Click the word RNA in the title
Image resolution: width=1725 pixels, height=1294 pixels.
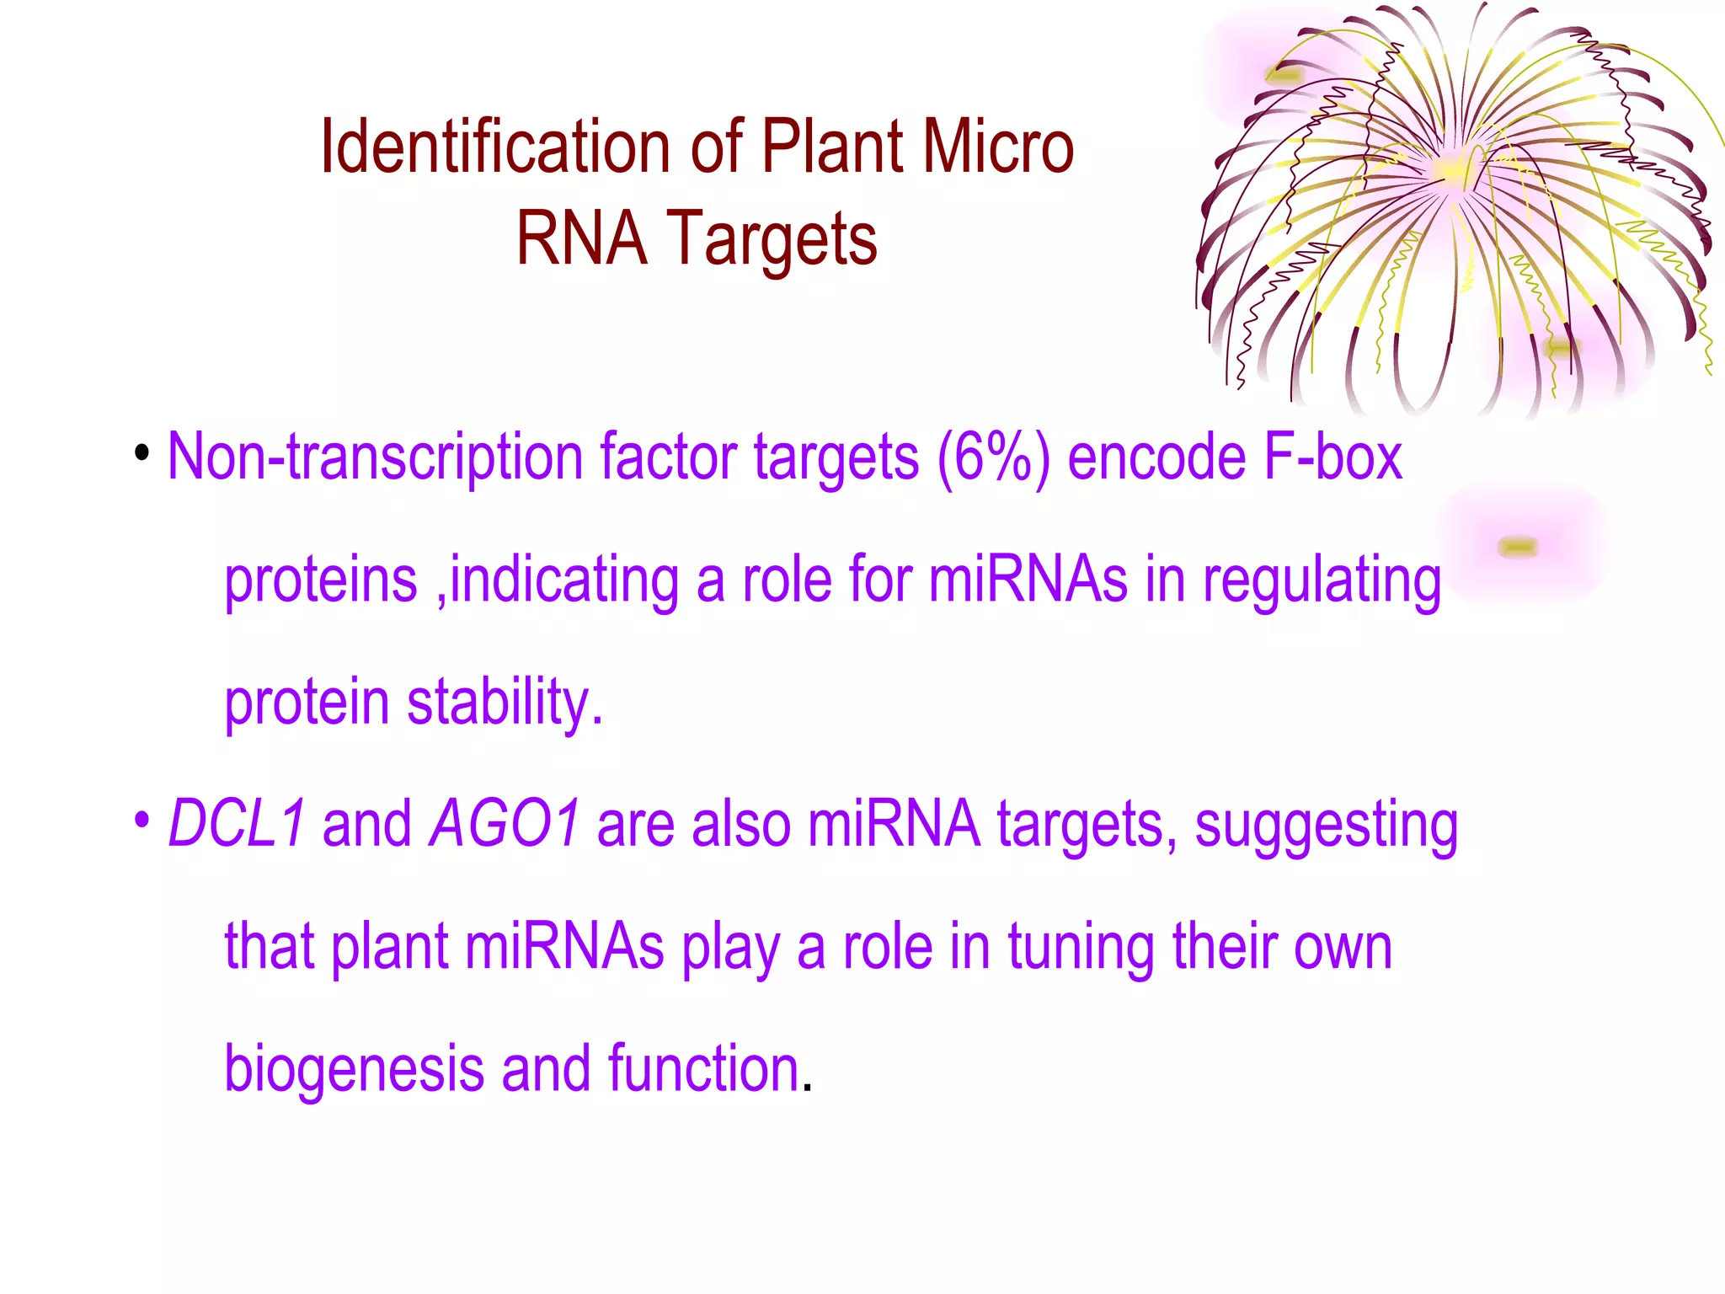tap(581, 238)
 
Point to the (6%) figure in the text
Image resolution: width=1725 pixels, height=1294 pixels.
tap(993, 457)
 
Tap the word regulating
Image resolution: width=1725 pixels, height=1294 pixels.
tap(1322, 581)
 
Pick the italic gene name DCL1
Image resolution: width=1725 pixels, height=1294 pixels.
tap(236, 824)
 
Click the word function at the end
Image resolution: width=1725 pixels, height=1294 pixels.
tap(703, 1068)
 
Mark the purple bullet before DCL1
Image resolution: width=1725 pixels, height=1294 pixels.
tap(142, 820)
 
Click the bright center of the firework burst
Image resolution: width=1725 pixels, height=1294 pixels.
tap(1454, 168)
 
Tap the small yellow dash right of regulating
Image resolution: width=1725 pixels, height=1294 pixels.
tap(1518, 548)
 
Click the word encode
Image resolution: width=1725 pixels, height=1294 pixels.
tap(1156, 457)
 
